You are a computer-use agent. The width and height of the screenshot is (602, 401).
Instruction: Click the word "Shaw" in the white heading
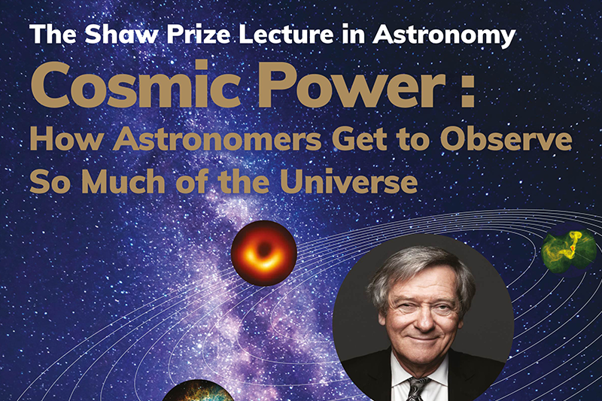tap(121, 34)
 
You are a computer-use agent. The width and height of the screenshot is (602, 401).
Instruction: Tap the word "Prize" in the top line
tap(198, 34)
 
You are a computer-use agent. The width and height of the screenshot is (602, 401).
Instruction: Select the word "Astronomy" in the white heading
tap(443, 36)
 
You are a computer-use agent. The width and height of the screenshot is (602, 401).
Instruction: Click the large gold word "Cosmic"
tap(135, 85)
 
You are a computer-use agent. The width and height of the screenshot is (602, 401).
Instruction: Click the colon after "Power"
tap(468, 90)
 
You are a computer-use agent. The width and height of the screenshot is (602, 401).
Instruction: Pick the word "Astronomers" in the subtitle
tap(217, 140)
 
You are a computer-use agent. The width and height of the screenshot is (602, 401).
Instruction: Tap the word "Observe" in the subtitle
tap(506, 140)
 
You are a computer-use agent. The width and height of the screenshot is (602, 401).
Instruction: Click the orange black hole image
tap(264, 254)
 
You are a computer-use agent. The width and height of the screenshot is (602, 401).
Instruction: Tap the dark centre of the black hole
tap(264, 251)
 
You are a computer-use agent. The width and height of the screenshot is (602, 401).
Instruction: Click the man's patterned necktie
tap(418, 388)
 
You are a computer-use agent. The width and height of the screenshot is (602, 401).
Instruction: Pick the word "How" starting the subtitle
tap(66, 140)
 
